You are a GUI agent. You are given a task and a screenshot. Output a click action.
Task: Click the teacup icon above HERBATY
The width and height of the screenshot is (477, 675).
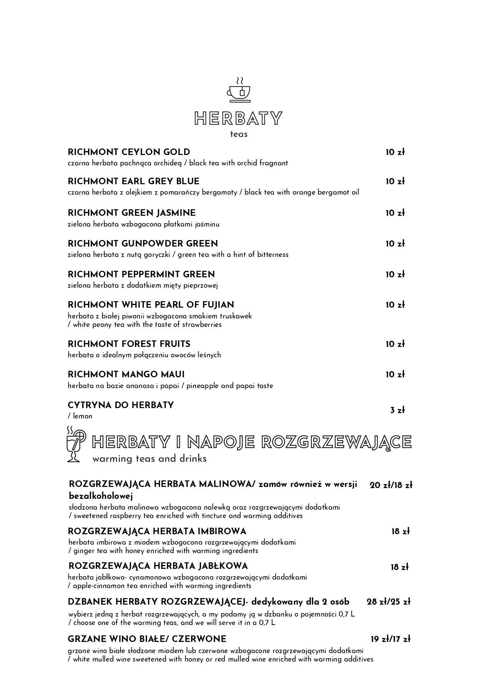pyautogui.click(x=238, y=90)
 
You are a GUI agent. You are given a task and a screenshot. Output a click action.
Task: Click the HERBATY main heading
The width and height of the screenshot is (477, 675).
pyautogui.click(x=238, y=118)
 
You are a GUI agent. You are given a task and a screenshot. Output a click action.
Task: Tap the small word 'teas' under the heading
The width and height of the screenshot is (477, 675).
pyautogui.click(x=239, y=134)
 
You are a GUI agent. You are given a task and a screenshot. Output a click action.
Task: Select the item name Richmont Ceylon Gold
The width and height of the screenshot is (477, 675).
pyautogui.click(x=129, y=152)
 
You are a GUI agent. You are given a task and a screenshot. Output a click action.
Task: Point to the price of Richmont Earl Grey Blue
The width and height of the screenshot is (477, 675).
pyautogui.click(x=395, y=182)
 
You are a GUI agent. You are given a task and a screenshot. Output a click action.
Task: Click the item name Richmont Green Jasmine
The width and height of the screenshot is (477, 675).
pyautogui.click(x=131, y=213)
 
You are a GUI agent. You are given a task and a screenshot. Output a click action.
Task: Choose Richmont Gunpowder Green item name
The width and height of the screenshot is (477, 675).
pyautogui.click(x=143, y=244)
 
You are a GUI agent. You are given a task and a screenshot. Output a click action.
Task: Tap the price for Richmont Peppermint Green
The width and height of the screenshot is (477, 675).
pyautogui.click(x=395, y=275)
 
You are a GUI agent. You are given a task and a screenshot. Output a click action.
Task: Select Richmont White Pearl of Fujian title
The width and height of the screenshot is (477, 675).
pyautogui.click(x=151, y=305)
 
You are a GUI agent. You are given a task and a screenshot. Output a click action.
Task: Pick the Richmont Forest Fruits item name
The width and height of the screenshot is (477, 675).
pyautogui.click(x=129, y=344)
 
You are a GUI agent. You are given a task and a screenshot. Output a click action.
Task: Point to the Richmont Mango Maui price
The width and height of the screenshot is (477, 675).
pyautogui.click(x=395, y=375)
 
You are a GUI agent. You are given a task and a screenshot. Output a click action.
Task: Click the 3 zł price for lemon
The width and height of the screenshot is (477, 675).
pyautogui.click(x=397, y=410)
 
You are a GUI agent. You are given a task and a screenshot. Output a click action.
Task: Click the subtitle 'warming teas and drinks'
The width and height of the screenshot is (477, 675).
pyautogui.click(x=149, y=459)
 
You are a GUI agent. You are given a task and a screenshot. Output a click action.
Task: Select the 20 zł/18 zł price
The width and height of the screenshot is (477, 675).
pyautogui.click(x=391, y=485)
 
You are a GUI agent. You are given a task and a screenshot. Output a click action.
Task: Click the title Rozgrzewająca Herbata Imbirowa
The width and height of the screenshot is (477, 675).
pyautogui.click(x=157, y=532)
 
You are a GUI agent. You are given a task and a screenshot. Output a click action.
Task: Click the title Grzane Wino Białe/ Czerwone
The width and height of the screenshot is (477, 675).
pyautogui.click(x=147, y=639)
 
